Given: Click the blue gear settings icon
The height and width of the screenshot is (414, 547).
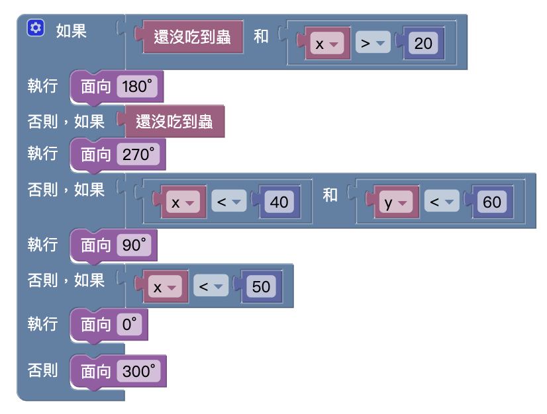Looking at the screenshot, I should click(x=35, y=28).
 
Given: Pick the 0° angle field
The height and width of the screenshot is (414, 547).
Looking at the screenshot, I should click(x=129, y=324).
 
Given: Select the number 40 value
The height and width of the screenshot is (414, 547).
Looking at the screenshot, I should click(x=279, y=202).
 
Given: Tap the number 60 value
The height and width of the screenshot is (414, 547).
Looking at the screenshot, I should click(x=492, y=202).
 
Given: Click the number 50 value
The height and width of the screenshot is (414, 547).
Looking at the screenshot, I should click(x=261, y=287).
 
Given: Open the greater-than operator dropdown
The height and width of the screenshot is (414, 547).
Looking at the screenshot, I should click(x=372, y=44).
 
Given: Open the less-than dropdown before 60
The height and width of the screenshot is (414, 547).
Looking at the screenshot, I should click(x=442, y=202).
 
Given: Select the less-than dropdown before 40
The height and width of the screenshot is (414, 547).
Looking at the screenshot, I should click(x=229, y=202).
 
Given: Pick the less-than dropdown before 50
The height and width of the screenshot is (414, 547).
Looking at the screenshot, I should click(x=211, y=287).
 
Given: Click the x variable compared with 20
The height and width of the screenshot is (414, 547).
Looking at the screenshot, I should click(x=327, y=44).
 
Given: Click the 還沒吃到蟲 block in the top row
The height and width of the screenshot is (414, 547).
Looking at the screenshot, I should click(x=192, y=36).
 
